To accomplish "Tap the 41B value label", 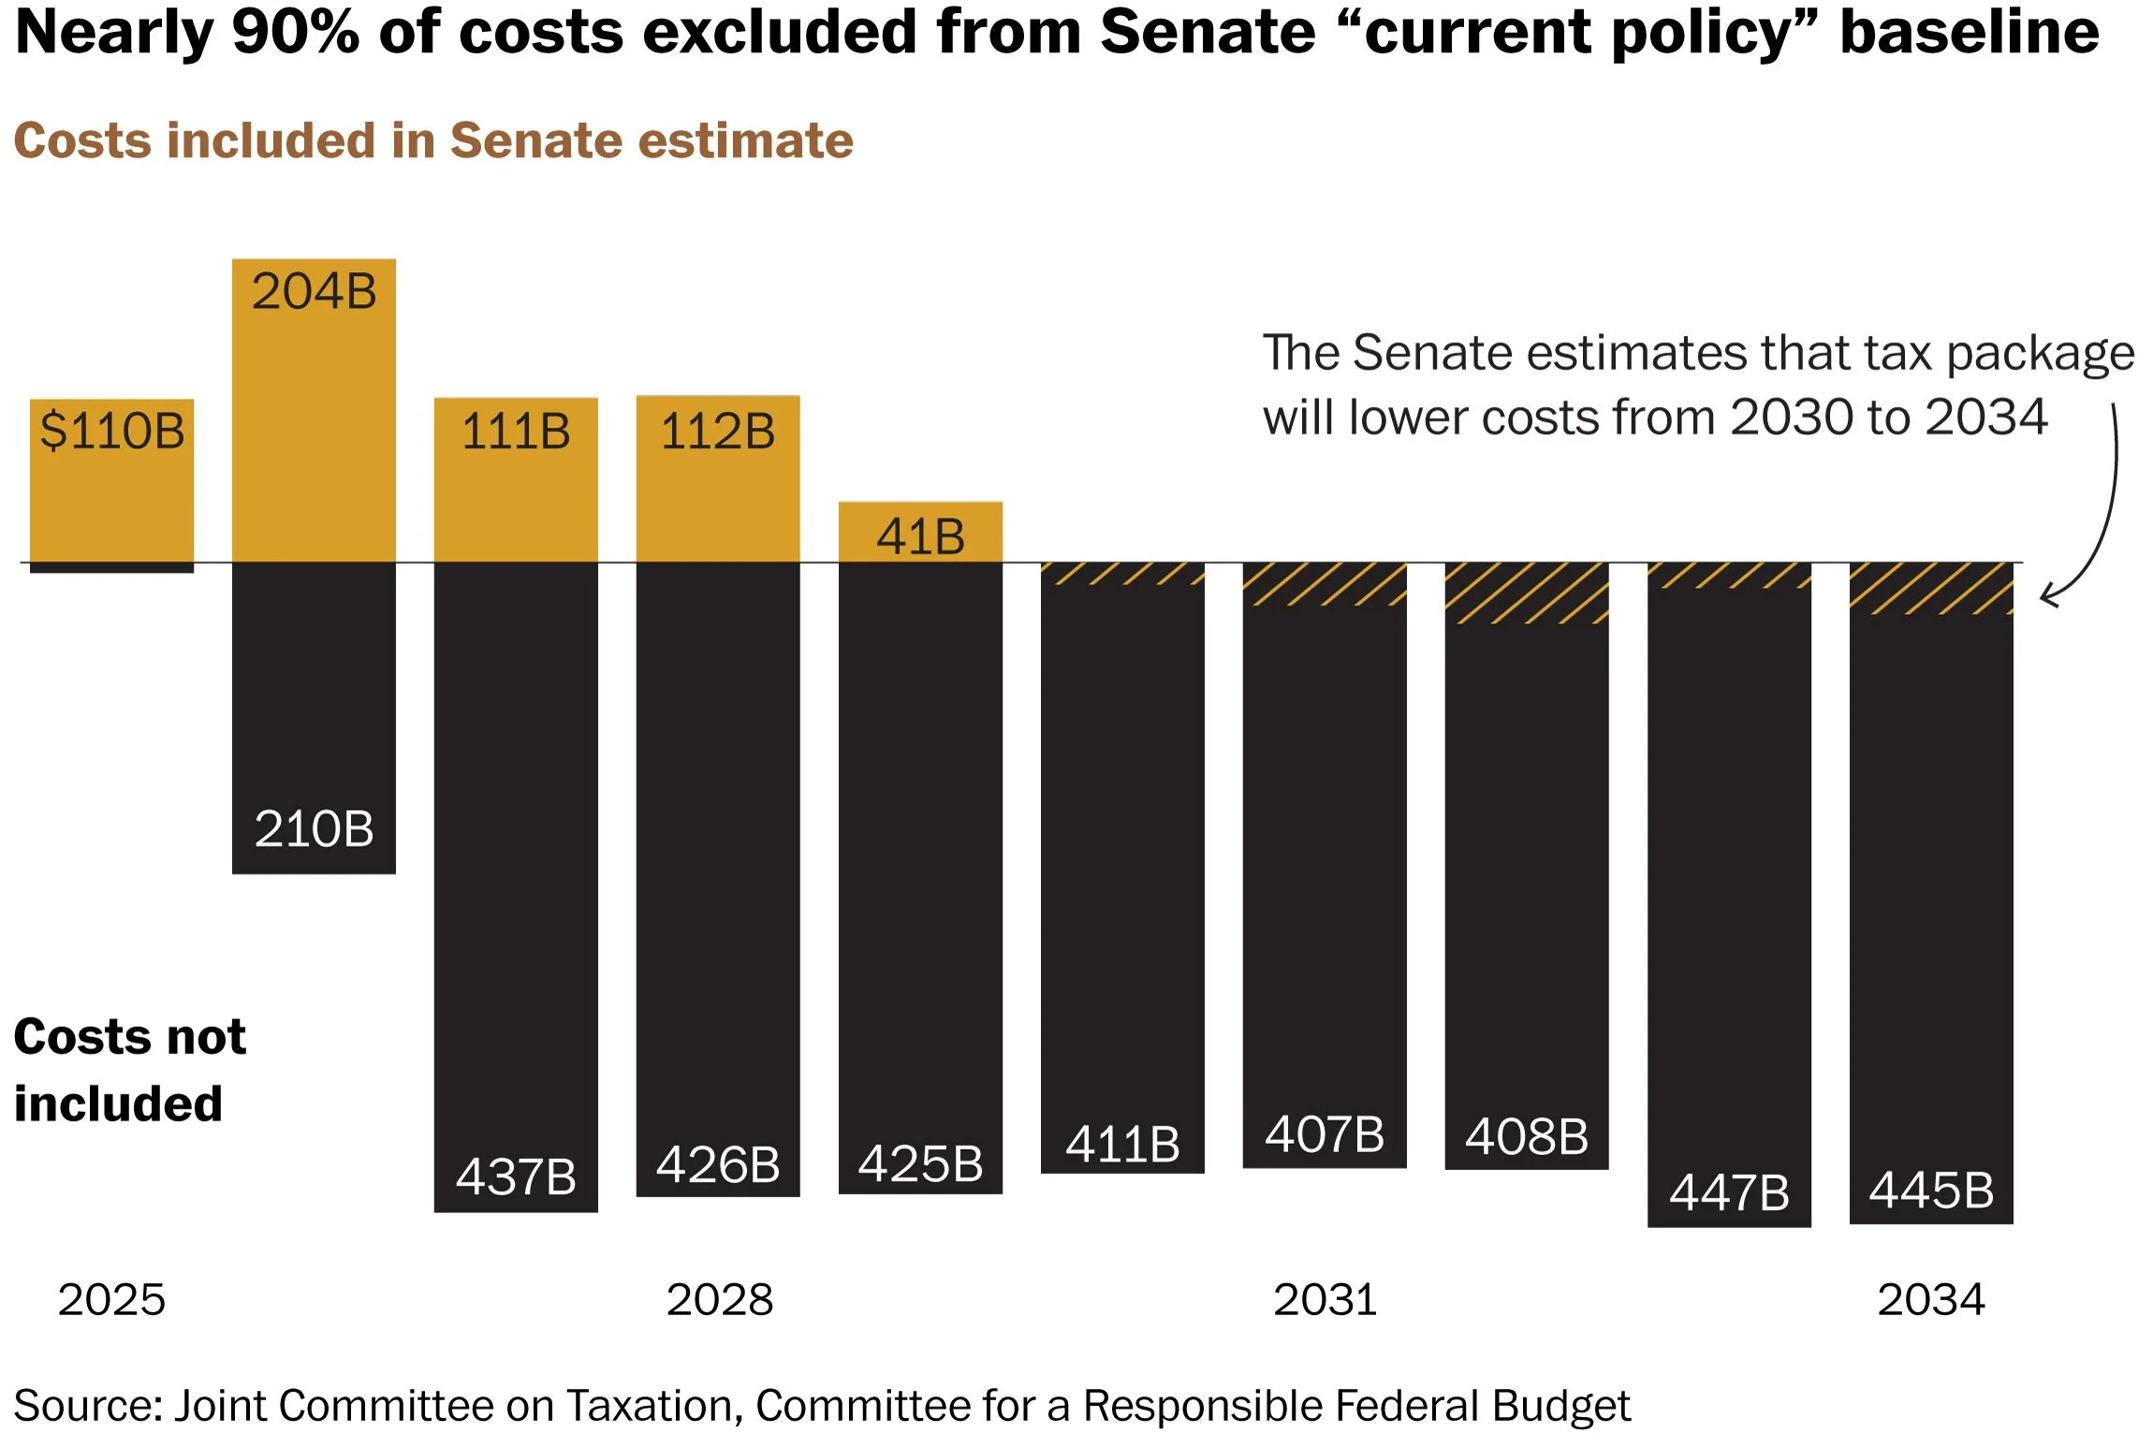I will (x=920, y=536).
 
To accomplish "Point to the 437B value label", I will (x=516, y=1177).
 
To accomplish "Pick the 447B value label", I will (x=1729, y=1192).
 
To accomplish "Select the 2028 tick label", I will (x=719, y=1299).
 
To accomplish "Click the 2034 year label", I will (x=1930, y=1299).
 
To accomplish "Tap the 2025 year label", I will (x=111, y=1299).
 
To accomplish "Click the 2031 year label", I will (x=1325, y=1299).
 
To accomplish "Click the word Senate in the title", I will (x=1208, y=32).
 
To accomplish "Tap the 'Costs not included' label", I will (x=129, y=1070).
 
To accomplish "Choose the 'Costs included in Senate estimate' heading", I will (x=433, y=140).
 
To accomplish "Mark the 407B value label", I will (x=1325, y=1133).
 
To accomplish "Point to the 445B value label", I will (x=1931, y=1191).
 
